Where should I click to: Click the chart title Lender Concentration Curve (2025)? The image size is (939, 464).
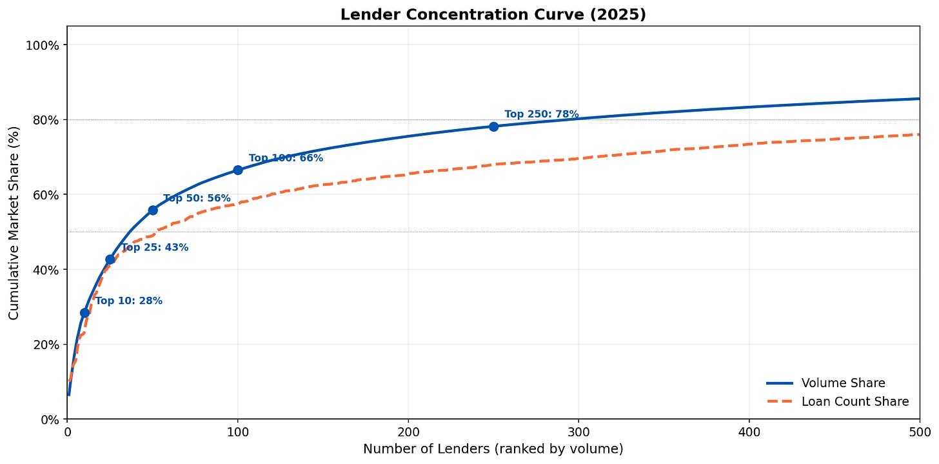(493, 14)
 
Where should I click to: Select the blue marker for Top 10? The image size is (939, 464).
(84, 312)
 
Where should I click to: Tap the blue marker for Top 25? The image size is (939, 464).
(110, 259)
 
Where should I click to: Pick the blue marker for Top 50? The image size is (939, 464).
(153, 210)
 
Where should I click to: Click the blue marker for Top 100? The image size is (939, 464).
(238, 170)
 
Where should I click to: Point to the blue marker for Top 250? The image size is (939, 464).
(493, 126)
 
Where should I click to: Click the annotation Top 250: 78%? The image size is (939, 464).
(541, 114)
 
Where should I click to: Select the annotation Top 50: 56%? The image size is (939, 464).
(197, 198)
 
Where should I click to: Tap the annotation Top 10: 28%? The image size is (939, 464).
(128, 301)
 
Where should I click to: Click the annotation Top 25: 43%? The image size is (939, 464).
(155, 247)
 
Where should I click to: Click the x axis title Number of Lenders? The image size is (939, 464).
(493, 449)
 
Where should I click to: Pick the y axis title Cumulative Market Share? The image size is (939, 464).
(14, 223)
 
